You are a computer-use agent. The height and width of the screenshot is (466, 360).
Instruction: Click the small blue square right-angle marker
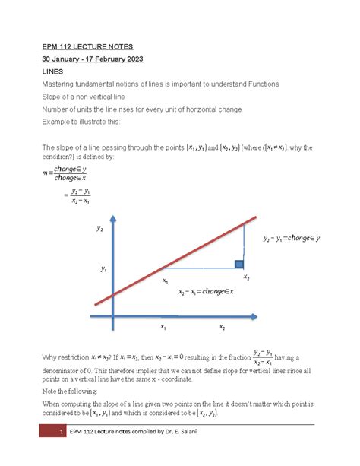(x=239, y=265)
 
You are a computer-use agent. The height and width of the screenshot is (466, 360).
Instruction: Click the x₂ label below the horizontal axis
(x=223, y=328)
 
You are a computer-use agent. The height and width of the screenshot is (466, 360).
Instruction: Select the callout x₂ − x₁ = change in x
(x=205, y=293)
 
